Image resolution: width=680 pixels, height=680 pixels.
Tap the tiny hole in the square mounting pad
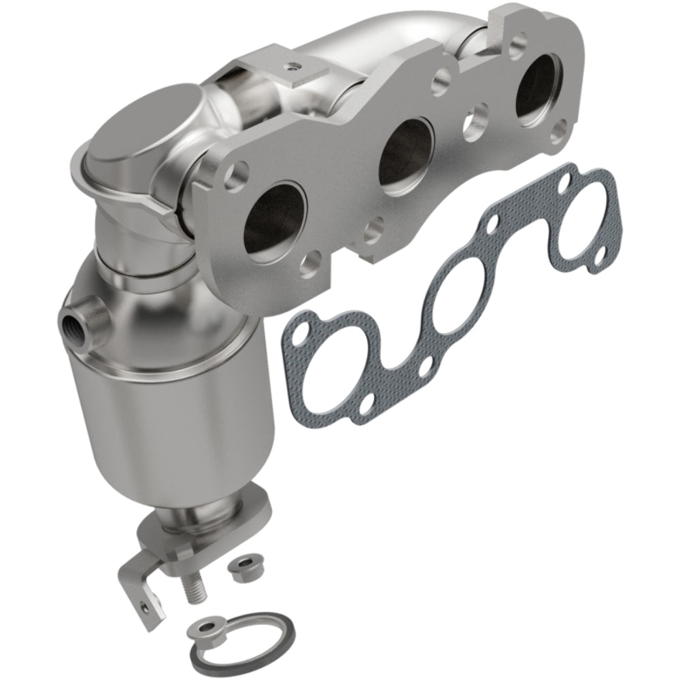[x=292, y=66]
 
